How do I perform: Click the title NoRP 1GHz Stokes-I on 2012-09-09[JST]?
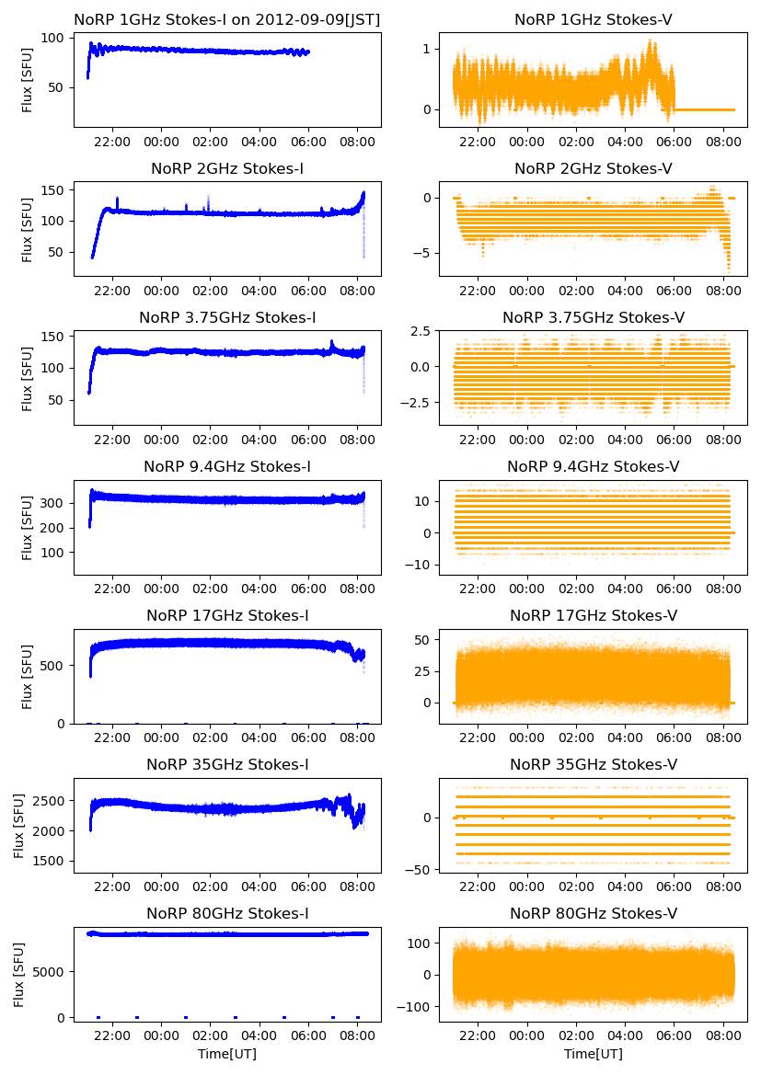point(227,19)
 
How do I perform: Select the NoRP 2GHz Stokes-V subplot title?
point(594,168)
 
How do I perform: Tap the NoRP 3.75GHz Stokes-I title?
point(227,317)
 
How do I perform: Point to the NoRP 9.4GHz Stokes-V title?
point(594,466)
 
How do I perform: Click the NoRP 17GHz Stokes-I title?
point(227,615)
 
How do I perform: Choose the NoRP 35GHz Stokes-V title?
point(594,764)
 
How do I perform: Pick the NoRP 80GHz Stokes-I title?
point(227,913)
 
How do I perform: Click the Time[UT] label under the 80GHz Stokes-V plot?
point(594,1053)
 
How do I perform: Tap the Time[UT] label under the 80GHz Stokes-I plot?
point(227,1053)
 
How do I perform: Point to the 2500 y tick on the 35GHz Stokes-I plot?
point(50,801)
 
